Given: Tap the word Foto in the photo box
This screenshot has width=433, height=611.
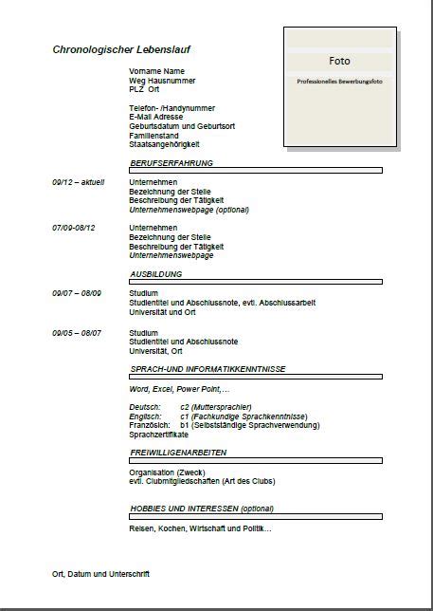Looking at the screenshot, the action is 339,61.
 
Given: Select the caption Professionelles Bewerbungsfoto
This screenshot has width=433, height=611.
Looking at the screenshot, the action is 338,83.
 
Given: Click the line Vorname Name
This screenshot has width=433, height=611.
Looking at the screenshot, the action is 156,71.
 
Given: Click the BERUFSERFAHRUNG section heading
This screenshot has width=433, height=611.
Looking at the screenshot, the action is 171,163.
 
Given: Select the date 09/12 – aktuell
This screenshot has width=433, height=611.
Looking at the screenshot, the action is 79,182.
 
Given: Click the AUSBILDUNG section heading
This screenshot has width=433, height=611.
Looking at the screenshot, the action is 154,273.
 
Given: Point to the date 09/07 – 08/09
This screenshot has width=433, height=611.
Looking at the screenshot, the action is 77,293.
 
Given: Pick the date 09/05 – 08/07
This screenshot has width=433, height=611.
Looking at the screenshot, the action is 77,333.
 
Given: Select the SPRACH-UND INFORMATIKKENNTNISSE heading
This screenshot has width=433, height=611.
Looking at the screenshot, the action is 207,368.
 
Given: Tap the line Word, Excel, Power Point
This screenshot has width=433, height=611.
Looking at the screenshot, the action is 179,389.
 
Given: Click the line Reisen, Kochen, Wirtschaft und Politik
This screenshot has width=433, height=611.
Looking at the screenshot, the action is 200,528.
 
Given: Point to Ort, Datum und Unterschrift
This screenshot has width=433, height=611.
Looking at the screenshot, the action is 100,574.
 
